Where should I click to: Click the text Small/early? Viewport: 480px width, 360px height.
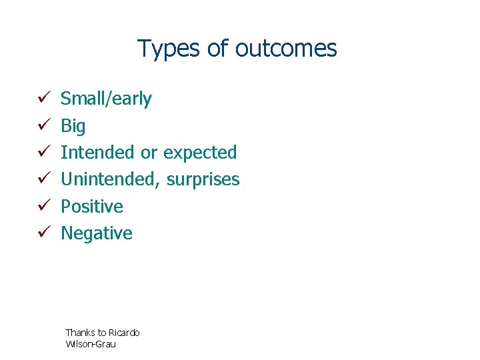pyautogui.click(x=106, y=99)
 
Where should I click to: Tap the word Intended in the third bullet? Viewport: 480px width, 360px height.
pyautogui.click(x=98, y=153)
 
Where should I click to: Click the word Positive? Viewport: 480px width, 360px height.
pyautogui.click(x=92, y=207)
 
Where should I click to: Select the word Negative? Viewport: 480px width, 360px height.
pyautogui.click(x=97, y=233)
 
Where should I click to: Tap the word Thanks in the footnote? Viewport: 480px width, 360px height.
pyautogui.click(x=79, y=333)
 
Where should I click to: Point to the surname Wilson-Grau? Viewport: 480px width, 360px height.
pyautogui.click(x=90, y=344)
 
